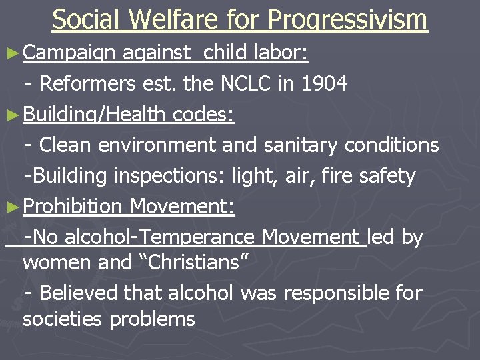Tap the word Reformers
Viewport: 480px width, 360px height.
point(87,84)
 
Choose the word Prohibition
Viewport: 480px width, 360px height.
point(73,207)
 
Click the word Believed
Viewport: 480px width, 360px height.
point(81,292)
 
